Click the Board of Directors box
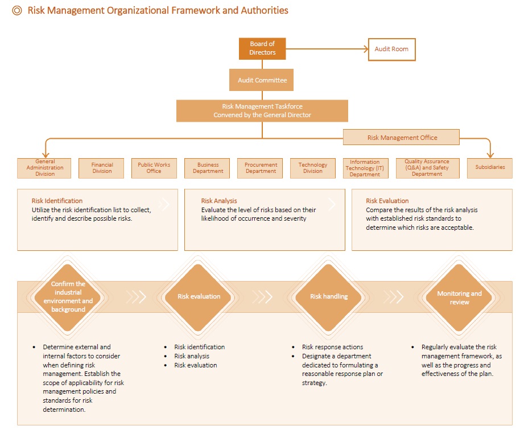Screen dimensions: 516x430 click(262, 48)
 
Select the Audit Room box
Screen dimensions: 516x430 click(391, 49)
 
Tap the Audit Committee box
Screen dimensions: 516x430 click(261, 80)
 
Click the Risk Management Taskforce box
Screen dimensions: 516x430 click(262, 111)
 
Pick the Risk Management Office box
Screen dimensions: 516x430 click(401, 137)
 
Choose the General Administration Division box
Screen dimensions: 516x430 click(44, 168)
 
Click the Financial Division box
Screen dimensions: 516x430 click(101, 168)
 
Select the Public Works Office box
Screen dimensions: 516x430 click(154, 168)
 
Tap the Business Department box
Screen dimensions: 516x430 click(207, 168)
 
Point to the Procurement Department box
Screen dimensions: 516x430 click(260, 168)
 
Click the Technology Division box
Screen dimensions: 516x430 click(313, 168)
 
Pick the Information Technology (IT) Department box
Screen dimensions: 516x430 click(366, 168)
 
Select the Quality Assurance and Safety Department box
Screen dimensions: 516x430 click(427, 168)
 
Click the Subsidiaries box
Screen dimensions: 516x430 click(490, 168)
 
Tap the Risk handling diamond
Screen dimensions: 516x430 click(328, 297)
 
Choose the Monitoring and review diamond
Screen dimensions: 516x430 click(459, 297)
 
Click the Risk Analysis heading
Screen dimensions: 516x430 click(219, 201)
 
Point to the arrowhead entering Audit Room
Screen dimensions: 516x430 click(366, 49)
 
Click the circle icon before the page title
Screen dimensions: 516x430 click(17, 11)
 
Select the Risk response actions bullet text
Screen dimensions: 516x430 click(332, 347)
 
